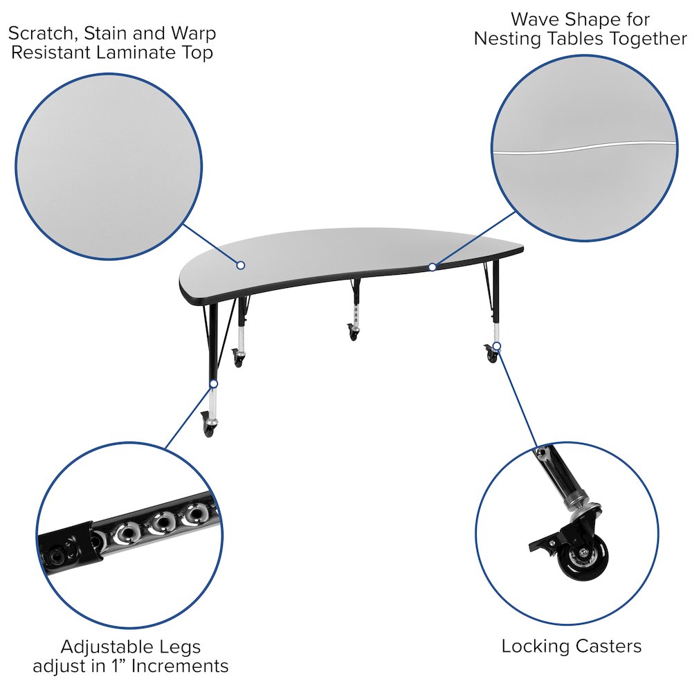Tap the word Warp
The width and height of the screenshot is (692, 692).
pyautogui.click(x=194, y=33)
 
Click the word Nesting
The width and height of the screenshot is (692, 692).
pyautogui.click(x=507, y=39)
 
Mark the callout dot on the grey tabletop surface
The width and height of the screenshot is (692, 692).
pyautogui.click(x=241, y=265)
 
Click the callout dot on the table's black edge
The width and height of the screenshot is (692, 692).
pyautogui.click(x=432, y=266)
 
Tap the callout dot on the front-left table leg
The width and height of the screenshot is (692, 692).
pyautogui.click(x=214, y=383)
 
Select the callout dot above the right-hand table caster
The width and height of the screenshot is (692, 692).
pyautogui.click(x=496, y=345)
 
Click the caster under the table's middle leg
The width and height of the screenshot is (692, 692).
pyautogui.click(x=354, y=335)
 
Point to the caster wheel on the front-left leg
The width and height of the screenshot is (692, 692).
pyautogui.click(x=208, y=425)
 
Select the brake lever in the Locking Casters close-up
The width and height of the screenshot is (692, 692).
pyautogui.click(x=543, y=543)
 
